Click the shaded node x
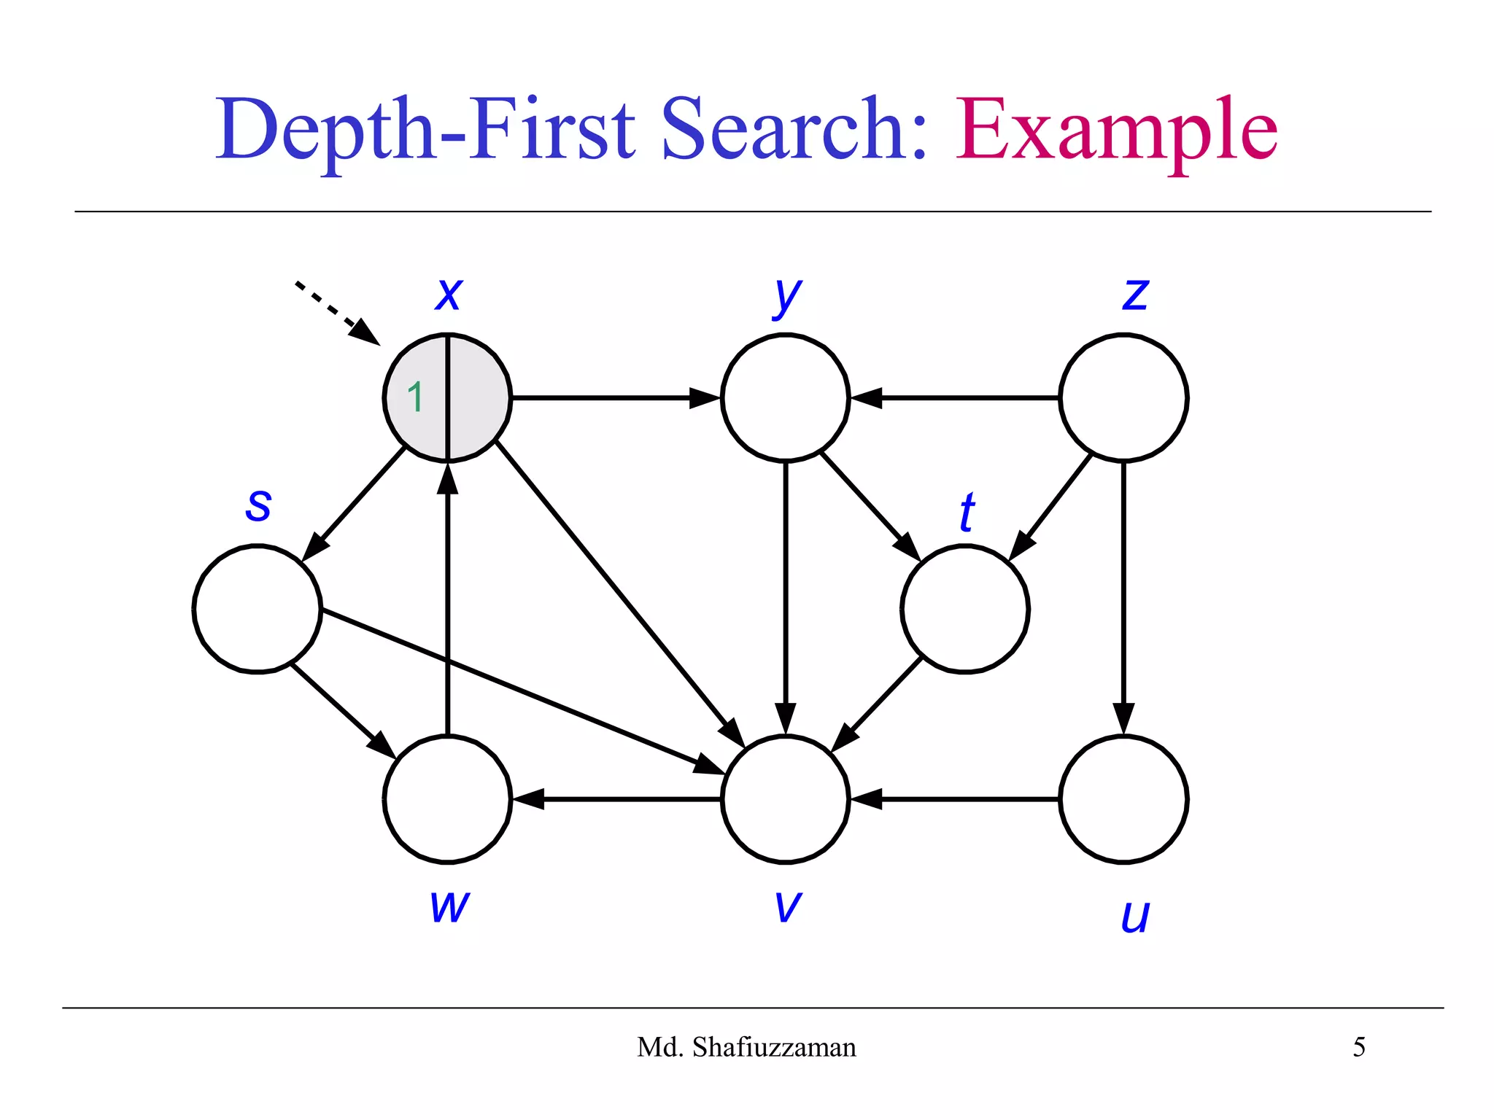(467, 398)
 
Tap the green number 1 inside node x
(415, 398)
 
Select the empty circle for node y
(786, 398)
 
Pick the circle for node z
(1123, 398)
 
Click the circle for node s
(258, 609)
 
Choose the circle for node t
(965, 609)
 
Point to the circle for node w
(447, 799)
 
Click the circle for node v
(786, 799)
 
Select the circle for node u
(1123, 799)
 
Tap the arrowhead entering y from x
(704, 398)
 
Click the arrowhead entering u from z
(1123, 717)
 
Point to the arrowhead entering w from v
(530, 799)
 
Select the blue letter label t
(967, 513)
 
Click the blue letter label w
(449, 906)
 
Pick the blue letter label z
(1136, 294)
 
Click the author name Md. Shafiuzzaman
(746, 1047)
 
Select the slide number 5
(1359, 1047)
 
